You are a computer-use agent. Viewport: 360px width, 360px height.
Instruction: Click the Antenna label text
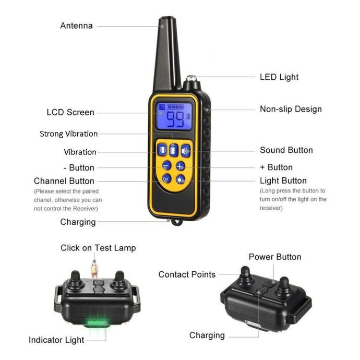pyautogui.click(x=77, y=26)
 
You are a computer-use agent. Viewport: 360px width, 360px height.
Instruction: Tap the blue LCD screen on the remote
pyautogui.click(x=175, y=116)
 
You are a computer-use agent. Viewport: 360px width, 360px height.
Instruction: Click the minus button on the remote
pyautogui.click(x=166, y=165)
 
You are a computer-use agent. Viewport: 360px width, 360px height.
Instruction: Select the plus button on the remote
pyautogui.click(x=180, y=166)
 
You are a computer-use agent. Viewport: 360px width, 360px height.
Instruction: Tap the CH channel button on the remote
pyautogui.click(x=166, y=178)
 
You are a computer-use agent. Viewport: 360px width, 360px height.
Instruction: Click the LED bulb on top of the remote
pyautogui.click(x=191, y=78)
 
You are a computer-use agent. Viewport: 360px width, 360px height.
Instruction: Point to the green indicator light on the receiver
pyautogui.click(x=97, y=323)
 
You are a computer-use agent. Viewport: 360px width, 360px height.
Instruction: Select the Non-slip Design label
pyautogui.click(x=291, y=109)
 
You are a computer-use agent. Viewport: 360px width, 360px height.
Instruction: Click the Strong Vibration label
pyautogui.click(x=69, y=134)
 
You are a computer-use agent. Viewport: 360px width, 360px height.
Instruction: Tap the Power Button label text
pyautogui.click(x=275, y=257)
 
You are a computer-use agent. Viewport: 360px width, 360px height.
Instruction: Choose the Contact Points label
pyautogui.click(x=187, y=274)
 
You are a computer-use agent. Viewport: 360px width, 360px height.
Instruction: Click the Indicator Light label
pyautogui.click(x=56, y=340)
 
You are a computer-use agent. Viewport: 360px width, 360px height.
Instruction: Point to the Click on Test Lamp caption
pyautogui.click(x=98, y=248)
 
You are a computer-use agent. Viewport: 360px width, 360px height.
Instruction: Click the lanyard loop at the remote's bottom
pyautogui.click(x=177, y=222)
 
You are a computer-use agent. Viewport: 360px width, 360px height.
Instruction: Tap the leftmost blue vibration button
pyautogui.click(x=162, y=150)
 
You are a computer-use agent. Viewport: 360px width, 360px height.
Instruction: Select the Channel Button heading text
pyautogui.click(x=64, y=181)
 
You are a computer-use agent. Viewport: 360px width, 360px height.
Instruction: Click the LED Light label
pyautogui.click(x=279, y=77)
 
